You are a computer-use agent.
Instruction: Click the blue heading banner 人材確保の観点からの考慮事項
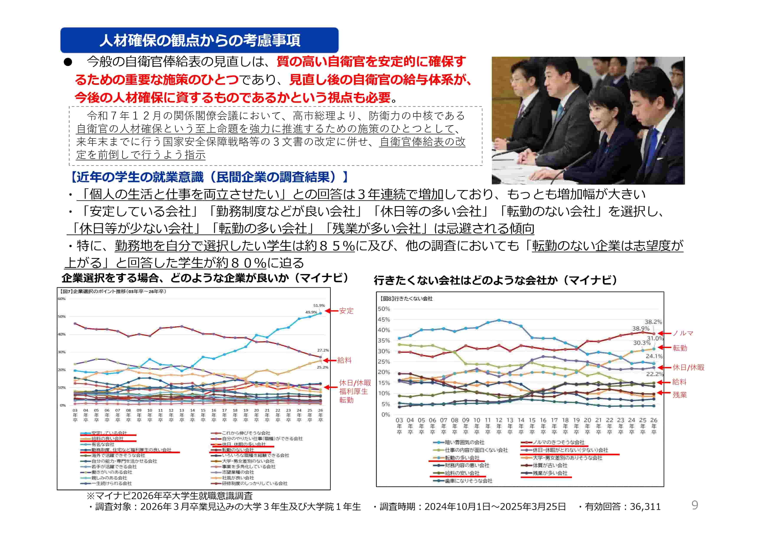(199, 40)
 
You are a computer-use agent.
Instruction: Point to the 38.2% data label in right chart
(653, 322)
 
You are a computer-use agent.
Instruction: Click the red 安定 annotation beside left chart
(346, 311)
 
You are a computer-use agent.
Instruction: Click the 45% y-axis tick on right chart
(384, 319)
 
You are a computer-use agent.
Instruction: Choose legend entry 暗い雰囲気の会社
(464, 442)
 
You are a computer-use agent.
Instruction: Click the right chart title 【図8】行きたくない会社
(406, 299)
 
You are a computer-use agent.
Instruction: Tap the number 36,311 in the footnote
(645, 506)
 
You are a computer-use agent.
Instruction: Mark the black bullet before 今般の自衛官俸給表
(68, 62)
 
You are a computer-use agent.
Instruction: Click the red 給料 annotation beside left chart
(344, 360)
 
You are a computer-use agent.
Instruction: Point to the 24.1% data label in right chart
(654, 356)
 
